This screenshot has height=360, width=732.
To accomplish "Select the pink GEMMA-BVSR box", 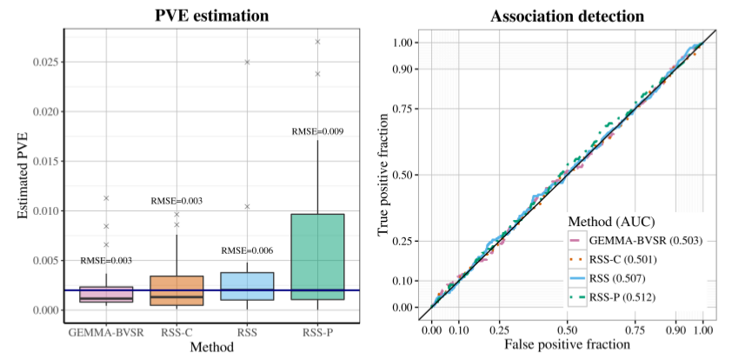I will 106,294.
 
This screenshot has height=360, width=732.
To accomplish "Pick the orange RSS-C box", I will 176,290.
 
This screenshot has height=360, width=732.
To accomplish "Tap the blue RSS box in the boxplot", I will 247,286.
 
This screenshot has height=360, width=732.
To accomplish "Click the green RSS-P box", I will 317,257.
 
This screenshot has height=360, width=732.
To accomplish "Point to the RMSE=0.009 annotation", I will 318,131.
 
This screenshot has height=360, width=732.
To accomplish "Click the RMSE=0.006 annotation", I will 248,250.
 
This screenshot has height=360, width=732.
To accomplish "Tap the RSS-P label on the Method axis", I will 317,331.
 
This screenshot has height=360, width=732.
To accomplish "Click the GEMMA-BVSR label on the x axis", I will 106,331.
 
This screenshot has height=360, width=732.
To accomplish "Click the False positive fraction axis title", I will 567,346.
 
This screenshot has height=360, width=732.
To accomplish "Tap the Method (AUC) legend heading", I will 611,221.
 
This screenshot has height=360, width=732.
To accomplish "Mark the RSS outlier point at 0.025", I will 247,63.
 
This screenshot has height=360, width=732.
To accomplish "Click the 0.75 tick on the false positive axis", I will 638,331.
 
